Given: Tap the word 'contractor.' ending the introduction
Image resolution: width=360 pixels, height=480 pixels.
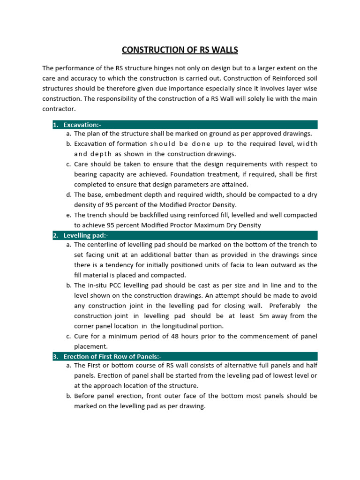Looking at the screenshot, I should [x=59, y=109].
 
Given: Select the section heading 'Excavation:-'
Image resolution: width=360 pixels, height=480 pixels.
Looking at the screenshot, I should [x=82, y=125].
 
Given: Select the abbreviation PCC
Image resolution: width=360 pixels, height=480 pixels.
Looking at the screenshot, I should [x=121, y=285].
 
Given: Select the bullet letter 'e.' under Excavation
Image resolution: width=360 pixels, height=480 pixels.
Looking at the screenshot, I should [x=68, y=215].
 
